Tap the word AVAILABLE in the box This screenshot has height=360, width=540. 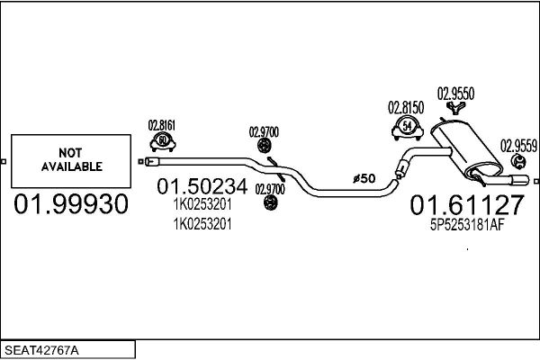pos(71,166)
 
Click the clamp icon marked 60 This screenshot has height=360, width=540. pos(162,141)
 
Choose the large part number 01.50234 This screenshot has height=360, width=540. pos(202,188)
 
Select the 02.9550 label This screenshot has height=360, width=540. pos(455,93)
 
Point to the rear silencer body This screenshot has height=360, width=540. pos(463,148)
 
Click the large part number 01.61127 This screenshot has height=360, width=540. pos(466,206)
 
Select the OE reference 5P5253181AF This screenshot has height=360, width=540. pos(466,227)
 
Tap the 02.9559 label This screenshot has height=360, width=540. pos(519,144)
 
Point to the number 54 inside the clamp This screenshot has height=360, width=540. pos(409,127)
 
